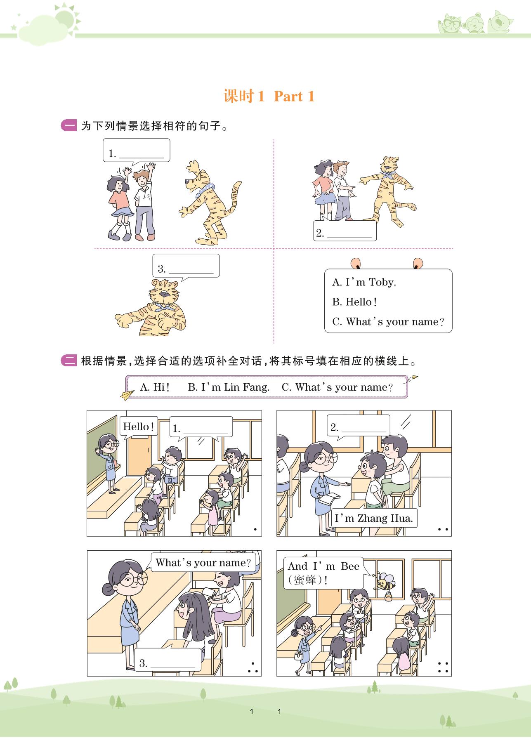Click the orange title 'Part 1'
pos(294,97)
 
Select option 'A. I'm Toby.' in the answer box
pos(364,282)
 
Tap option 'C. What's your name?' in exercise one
pos(388,322)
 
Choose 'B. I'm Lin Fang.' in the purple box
pos(229,387)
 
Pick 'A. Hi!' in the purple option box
pos(155,387)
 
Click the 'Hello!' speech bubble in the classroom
pos(139,427)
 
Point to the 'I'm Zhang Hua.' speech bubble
pos(374,518)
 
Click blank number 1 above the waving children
pos(137,151)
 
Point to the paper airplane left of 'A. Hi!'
pos(127,395)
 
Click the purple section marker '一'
pos(69,126)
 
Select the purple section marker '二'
pos(69,361)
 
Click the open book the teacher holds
pos(332,499)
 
